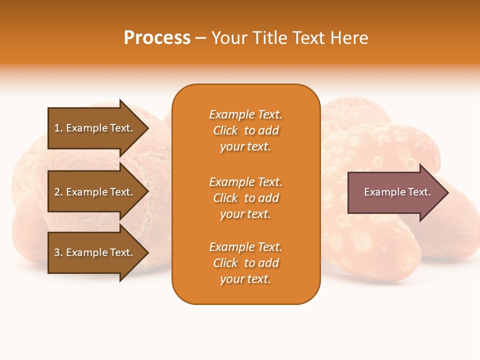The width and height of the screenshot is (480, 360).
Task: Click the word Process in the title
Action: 157,38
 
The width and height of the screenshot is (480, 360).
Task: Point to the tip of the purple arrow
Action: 447,192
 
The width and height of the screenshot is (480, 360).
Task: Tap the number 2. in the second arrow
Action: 58,192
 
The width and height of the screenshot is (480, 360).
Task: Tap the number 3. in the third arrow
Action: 58,252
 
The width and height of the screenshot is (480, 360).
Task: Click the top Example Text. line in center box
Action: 245,114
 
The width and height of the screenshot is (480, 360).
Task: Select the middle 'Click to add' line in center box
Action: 245,198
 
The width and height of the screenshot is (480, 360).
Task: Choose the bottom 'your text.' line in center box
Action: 245,279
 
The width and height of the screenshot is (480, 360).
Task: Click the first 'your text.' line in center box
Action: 245,146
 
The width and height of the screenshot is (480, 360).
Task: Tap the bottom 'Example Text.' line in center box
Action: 245,247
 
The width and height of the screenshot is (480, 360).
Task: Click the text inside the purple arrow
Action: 397,192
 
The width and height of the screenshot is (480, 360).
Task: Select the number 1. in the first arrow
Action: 58,128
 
